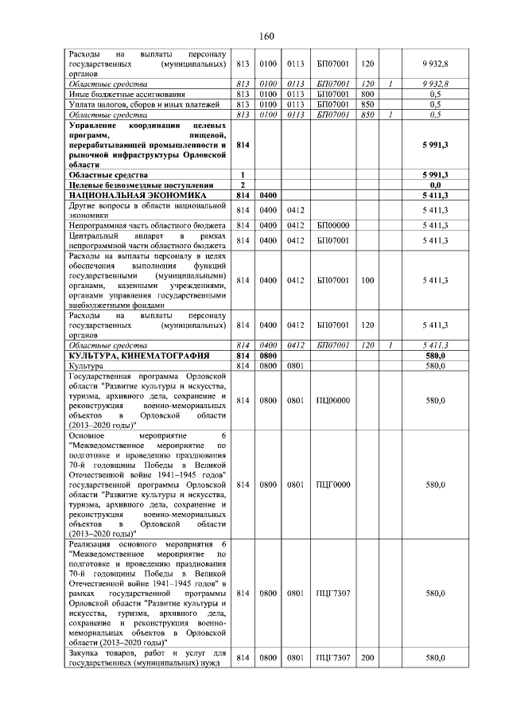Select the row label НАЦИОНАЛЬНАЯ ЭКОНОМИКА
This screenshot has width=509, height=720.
tap(138, 194)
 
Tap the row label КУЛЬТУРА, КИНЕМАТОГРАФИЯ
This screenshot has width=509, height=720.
tap(139, 355)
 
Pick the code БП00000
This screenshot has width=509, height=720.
tap(333, 226)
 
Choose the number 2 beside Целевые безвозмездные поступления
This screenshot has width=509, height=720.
tap(242, 185)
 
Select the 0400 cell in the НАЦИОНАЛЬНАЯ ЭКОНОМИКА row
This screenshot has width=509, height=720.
tap(268, 194)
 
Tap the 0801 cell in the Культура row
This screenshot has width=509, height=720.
tap(296, 366)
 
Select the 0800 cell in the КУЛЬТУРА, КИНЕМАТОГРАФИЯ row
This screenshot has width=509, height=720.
tap(268, 355)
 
